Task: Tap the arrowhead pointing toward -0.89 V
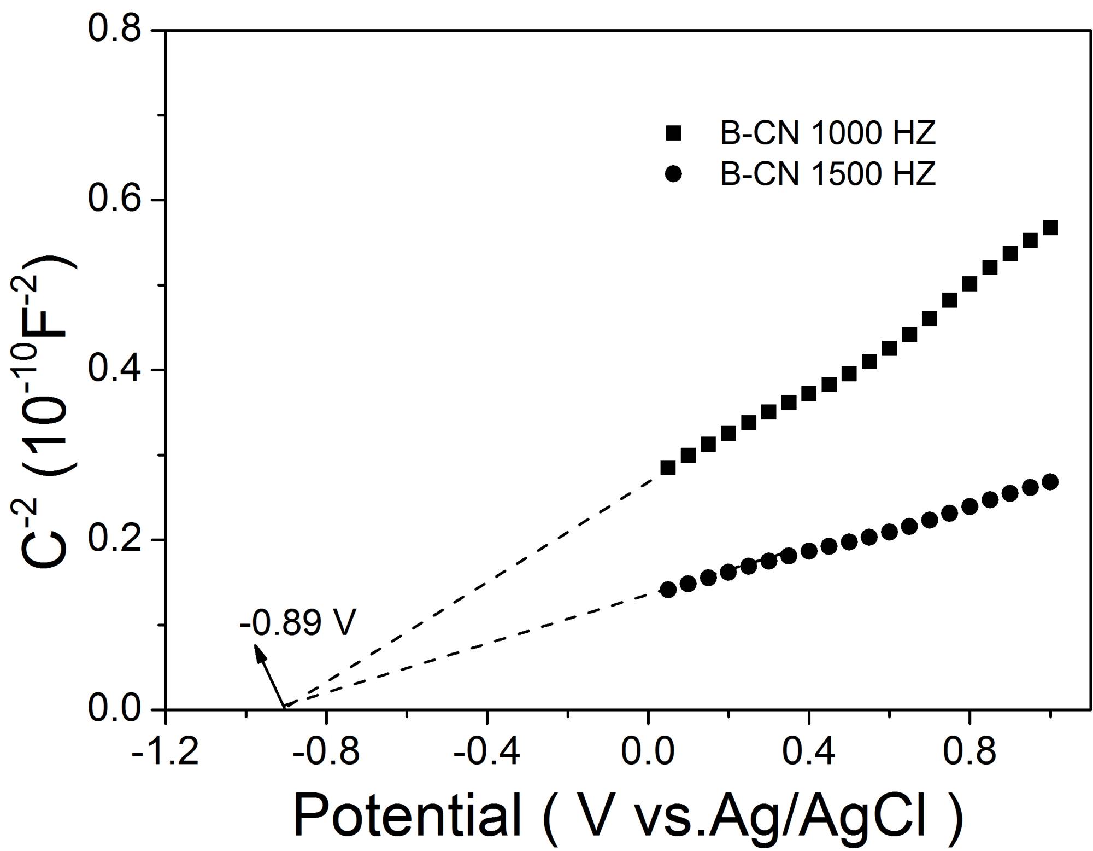(x=257, y=650)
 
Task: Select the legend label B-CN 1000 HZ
(x=827, y=133)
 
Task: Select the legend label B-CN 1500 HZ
(x=827, y=174)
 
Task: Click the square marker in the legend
(x=674, y=133)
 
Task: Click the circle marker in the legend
(x=674, y=174)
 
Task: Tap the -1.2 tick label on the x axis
(x=165, y=751)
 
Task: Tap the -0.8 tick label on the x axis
(x=326, y=751)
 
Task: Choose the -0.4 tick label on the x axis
(x=486, y=751)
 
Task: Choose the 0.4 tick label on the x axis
(x=809, y=751)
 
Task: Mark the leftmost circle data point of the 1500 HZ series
(x=668, y=590)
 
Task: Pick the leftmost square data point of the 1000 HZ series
(x=668, y=468)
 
